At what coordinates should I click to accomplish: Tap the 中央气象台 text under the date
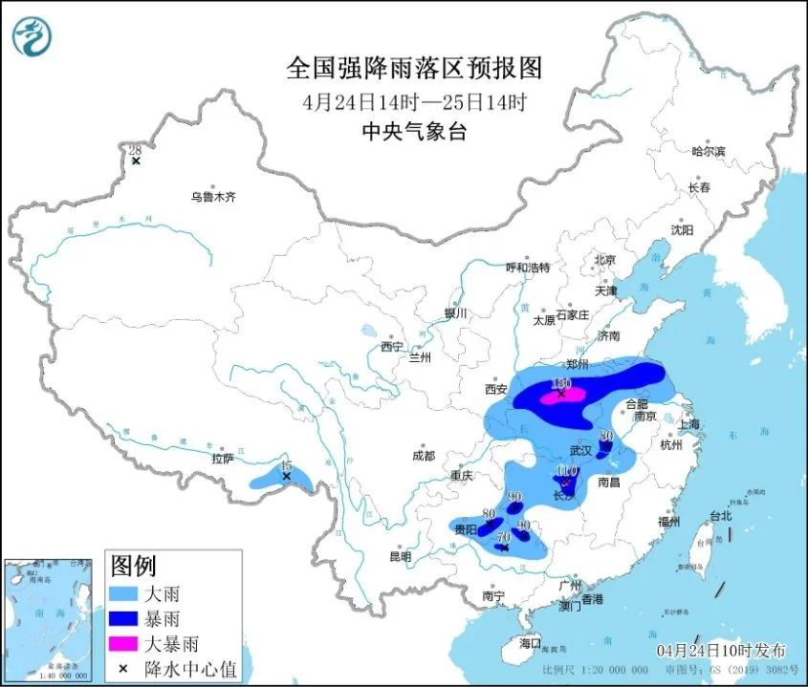(414, 132)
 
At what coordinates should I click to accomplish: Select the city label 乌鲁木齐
(211, 197)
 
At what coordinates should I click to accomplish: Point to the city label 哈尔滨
(709, 151)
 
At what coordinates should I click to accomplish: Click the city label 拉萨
(222, 459)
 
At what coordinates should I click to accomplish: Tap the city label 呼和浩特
(528, 268)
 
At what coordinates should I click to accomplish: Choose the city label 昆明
(400, 556)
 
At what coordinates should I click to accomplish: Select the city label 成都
(423, 456)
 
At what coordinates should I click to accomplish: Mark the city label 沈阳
(681, 230)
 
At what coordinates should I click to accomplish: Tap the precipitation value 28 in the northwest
(135, 150)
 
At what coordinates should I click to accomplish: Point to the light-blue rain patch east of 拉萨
(280, 476)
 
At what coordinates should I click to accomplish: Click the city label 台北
(718, 515)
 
